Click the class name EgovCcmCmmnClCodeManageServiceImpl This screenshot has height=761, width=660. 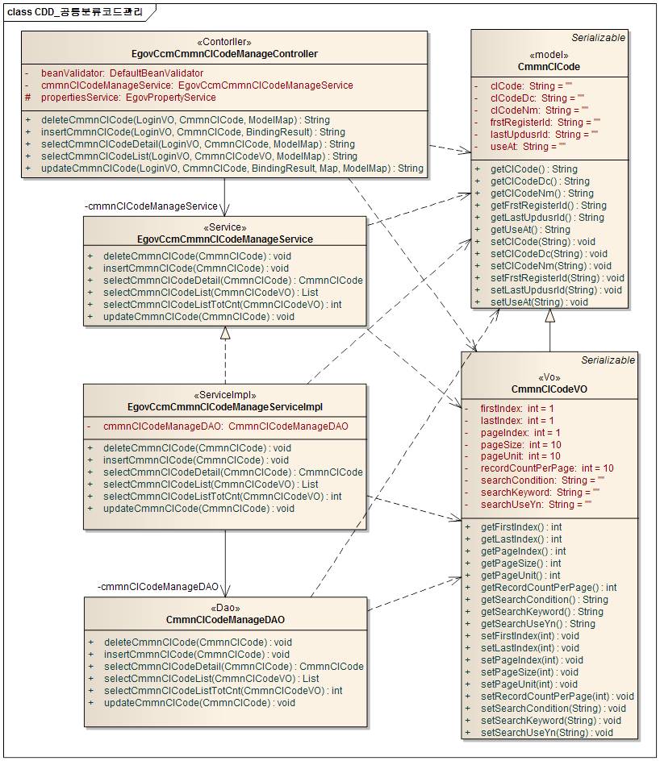click(225, 407)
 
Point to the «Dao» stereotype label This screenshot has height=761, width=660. click(225, 608)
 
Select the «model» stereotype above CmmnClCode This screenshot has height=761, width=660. click(549, 54)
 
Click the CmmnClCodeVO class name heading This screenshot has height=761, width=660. click(549, 389)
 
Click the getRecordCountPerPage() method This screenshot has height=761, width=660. click(549, 588)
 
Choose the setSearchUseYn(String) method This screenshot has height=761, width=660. click(546, 733)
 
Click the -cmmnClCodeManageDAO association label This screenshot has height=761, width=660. click(158, 586)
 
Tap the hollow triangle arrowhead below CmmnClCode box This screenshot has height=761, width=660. click(549, 316)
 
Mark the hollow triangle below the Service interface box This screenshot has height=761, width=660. click(225, 333)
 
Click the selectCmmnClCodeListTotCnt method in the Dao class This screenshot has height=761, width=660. click(223, 691)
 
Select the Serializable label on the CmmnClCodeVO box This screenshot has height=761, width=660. click(608, 360)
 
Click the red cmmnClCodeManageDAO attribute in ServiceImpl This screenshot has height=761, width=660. click(225, 426)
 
